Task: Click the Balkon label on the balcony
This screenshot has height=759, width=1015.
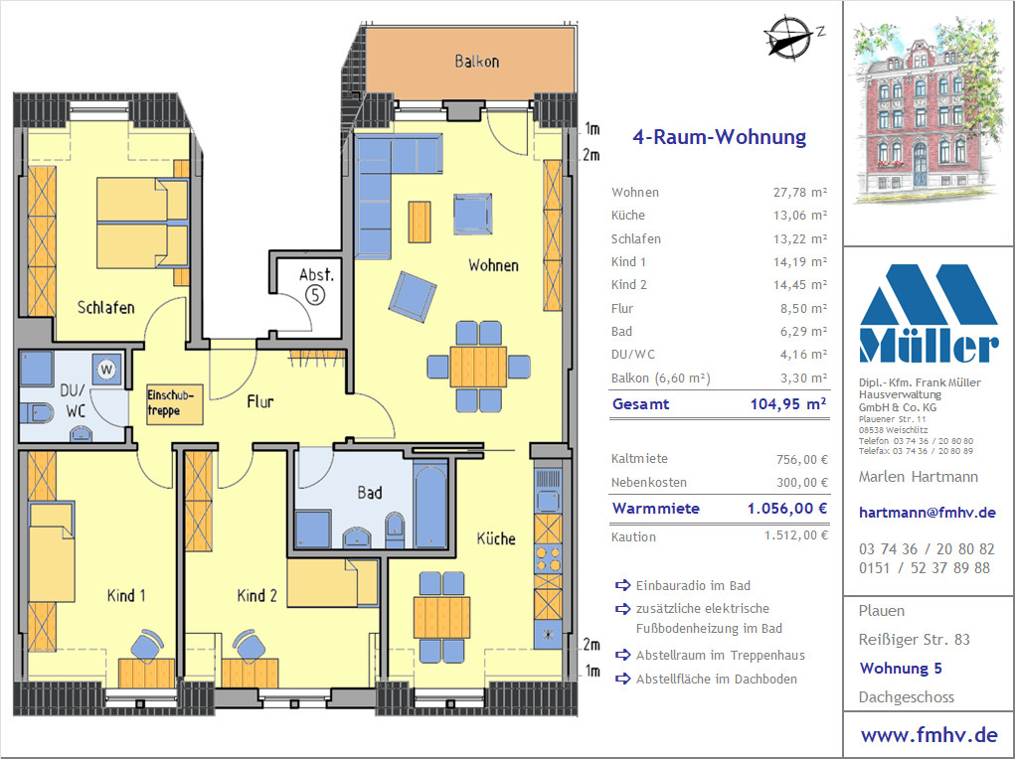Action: click(x=476, y=62)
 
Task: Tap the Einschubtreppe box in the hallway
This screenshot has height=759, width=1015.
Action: click(x=174, y=403)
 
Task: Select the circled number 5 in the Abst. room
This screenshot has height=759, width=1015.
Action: click(x=315, y=295)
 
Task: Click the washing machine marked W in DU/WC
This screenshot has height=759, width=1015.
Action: click(x=106, y=370)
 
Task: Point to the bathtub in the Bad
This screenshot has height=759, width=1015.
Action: click(x=429, y=504)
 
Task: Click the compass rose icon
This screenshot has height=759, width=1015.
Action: click(x=788, y=37)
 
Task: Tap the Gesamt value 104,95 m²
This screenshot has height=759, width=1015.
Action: click(x=787, y=404)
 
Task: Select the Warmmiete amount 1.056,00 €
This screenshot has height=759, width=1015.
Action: click(x=787, y=509)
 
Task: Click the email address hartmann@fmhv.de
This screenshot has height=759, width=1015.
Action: click(x=927, y=513)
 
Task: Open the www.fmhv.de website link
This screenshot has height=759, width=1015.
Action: click(x=929, y=735)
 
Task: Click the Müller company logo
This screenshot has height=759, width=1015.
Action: click(x=929, y=313)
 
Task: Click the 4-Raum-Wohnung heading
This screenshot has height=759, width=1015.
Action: click(x=719, y=137)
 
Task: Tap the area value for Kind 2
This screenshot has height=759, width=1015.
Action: click(x=800, y=285)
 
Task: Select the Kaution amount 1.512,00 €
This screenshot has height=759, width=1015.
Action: click(x=795, y=535)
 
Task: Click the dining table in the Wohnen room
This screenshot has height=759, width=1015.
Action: click(x=478, y=367)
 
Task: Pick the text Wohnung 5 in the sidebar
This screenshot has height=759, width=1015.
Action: click(x=901, y=669)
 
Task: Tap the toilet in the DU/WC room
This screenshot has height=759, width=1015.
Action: click(x=36, y=412)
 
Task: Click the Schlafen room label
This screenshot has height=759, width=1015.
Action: click(x=106, y=307)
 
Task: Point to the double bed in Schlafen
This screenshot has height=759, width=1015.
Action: click(x=142, y=223)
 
